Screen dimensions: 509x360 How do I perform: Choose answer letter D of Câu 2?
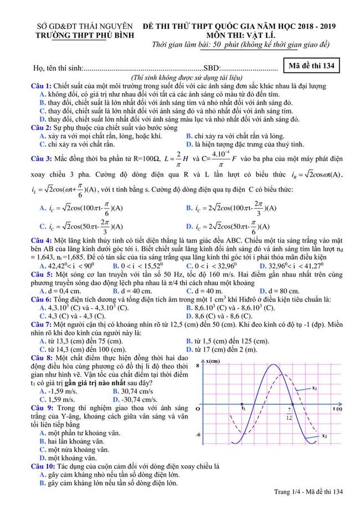click(190, 145)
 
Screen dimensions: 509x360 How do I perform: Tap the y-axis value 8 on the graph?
click(198, 367)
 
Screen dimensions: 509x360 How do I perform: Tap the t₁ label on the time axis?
click(243, 408)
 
